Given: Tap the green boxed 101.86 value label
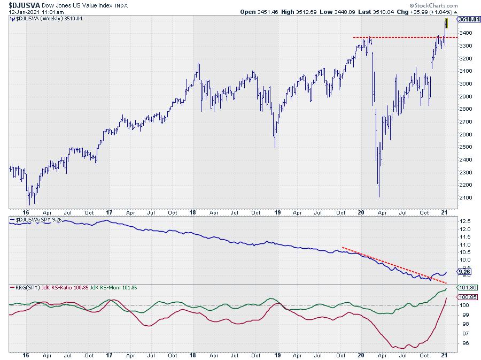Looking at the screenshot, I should click(x=464, y=287).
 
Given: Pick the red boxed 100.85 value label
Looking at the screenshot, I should click(x=464, y=297).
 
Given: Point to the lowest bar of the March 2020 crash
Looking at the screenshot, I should click(x=379, y=195).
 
